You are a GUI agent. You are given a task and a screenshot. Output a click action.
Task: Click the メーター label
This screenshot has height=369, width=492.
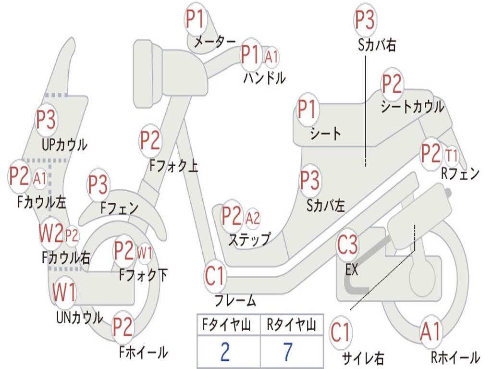215,41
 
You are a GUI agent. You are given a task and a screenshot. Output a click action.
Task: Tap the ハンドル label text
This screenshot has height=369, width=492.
265,77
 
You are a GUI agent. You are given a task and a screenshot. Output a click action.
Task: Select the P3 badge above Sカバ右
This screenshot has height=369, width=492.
365,20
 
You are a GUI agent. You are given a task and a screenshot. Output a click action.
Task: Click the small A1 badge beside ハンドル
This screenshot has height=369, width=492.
271,57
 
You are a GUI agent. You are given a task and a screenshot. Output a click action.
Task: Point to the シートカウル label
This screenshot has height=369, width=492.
412,106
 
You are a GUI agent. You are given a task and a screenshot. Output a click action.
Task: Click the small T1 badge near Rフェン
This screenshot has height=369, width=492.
452,156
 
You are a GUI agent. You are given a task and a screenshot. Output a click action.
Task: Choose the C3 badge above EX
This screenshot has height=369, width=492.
347,245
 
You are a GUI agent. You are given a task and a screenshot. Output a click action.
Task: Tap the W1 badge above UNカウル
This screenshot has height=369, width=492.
64,292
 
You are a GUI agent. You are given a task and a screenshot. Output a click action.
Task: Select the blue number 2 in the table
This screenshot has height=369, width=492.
225,351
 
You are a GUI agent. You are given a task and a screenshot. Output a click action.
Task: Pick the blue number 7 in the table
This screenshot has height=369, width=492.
288,351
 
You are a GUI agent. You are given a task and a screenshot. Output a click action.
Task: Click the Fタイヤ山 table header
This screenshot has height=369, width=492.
226,324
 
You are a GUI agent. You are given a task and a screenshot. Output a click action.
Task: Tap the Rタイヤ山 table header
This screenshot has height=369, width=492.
292,324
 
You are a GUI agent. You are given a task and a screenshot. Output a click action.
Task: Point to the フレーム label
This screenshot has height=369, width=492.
235,300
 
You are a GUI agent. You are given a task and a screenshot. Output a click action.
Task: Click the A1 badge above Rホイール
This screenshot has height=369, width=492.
431,332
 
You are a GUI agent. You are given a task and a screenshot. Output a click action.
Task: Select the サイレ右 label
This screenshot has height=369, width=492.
363,358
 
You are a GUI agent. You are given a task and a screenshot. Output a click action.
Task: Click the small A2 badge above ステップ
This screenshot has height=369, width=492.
253,218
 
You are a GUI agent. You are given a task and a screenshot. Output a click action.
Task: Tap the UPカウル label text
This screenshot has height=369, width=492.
65,145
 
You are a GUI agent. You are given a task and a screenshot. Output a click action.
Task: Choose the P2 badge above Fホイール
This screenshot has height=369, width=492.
123,327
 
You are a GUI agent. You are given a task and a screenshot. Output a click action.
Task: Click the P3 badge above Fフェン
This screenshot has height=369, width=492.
98,184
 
